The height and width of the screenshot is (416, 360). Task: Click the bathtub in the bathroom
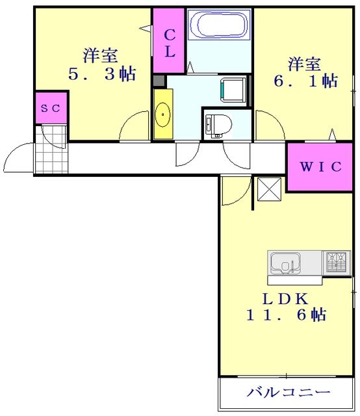[x=219, y=26]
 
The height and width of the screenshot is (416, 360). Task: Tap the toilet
[x=214, y=123]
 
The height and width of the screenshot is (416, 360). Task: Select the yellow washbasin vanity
[x=162, y=114]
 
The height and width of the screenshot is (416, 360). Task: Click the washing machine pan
[x=233, y=88]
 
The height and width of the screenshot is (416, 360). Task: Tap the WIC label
[x=320, y=166]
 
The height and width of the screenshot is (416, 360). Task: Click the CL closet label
[x=169, y=43]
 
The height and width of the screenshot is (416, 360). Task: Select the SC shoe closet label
[x=51, y=109]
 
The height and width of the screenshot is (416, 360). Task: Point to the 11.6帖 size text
[x=285, y=316]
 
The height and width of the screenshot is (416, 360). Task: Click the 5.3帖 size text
[x=102, y=74]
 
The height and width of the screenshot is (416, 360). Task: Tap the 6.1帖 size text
[x=304, y=81]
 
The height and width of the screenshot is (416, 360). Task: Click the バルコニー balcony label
[x=289, y=393]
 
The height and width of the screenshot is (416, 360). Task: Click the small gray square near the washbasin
[x=159, y=81]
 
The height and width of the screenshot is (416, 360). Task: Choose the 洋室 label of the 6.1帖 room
[x=305, y=64]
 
